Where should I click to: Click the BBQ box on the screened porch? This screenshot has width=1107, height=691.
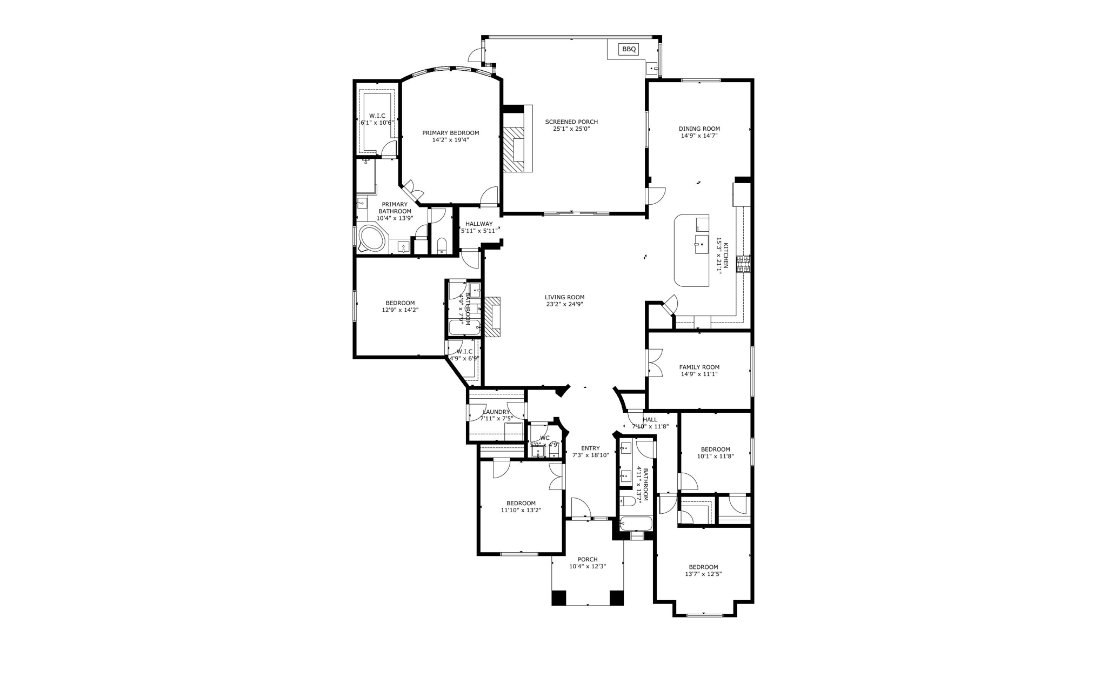pyautogui.click(x=629, y=49)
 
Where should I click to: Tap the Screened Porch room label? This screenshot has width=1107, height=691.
pyautogui.click(x=571, y=122)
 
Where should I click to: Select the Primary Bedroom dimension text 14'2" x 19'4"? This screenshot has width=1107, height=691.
pyautogui.click(x=450, y=140)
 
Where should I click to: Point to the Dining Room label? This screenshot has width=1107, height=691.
pyautogui.click(x=699, y=129)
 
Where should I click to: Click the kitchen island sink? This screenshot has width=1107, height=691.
pyautogui.click(x=701, y=244)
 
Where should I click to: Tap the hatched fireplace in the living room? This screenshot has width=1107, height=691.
pyautogui.click(x=492, y=317)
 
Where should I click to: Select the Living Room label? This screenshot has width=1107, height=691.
pyautogui.click(x=564, y=297)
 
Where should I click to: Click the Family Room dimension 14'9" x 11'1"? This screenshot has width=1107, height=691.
pyautogui.click(x=699, y=374)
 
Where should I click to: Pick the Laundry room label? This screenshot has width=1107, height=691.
pyautogui.click(x=496, y=412)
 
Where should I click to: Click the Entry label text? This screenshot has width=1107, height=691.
pyautogui.click(x=590, y=448)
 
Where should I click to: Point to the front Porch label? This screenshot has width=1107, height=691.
pyautogui.click(x=587, y=560)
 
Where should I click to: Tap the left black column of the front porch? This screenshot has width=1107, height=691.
pyautogui.click(x=558, y=598)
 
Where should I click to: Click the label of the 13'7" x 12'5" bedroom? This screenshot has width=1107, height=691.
pyautogui.click(x=703, y=567)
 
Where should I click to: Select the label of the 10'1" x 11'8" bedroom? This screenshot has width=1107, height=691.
pyautogui.click(x=715, y=449)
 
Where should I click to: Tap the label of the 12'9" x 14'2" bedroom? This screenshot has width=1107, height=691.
pyautogui.click(x=400, y=303)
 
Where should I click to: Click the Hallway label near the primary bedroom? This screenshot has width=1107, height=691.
pyautogui.click(x=479, y=224)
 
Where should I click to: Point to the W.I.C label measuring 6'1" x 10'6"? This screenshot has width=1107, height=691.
pyautogui.click(x=377, y=116)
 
